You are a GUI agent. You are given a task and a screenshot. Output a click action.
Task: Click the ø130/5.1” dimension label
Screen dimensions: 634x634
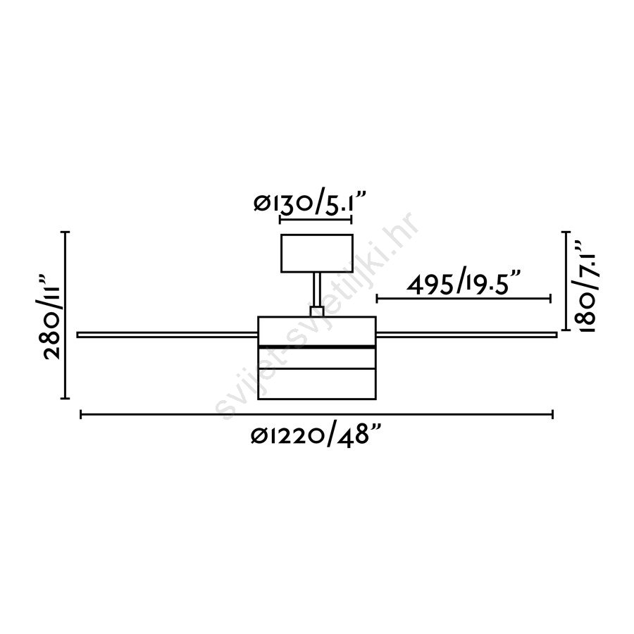click(x=310, y=203)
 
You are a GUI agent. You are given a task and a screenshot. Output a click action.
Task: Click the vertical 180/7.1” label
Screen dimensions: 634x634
click(x=585, y=287)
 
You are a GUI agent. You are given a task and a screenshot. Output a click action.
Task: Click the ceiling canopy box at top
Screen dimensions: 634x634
click(x=317, y=253)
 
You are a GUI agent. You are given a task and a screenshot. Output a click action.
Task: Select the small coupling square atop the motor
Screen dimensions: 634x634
click(x=317, y=311)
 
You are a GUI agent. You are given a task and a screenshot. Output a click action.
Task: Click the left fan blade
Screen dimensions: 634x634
click(x=168, y=335)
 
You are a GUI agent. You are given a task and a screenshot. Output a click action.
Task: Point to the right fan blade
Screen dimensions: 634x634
click(x=466, y=335)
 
